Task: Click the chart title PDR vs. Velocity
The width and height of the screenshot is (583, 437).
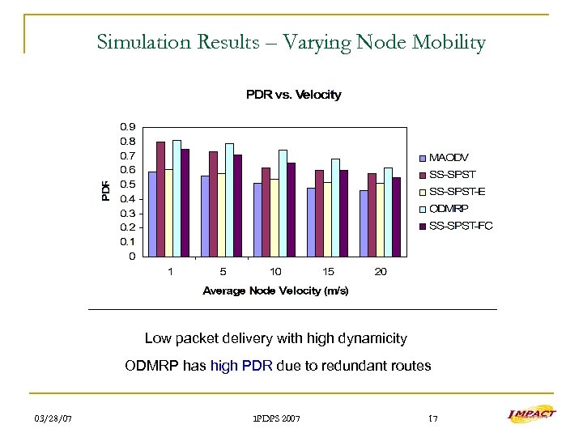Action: pos(293,95)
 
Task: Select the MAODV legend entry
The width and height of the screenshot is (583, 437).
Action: pos(449,157)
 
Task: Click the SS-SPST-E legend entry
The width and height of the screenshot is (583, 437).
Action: pos(457,191)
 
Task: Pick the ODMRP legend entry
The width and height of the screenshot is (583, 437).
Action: pos(448,208)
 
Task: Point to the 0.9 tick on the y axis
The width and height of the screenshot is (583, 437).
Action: pos(127,127)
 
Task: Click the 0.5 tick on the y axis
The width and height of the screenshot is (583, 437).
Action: pos(127,185)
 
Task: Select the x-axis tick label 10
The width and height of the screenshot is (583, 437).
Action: pos(276,272)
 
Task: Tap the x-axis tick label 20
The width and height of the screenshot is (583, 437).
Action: pos(381,272)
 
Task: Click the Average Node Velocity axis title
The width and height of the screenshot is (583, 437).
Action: pos(275,291)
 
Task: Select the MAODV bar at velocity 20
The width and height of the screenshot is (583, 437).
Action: pos(364,223)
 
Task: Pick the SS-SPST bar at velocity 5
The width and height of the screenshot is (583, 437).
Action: pos(213,204)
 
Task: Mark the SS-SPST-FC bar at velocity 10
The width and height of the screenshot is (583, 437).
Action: pos(291,210)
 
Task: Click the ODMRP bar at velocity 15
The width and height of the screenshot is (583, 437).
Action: pos(335,207)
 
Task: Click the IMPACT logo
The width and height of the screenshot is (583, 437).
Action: pos(531,414)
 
